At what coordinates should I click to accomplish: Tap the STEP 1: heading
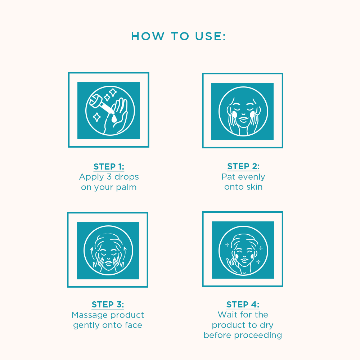pos(109,167)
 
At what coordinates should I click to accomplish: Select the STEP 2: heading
pos(243,166)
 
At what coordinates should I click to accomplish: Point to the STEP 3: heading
pos(108,305)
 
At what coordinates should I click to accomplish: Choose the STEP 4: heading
pos(243,305)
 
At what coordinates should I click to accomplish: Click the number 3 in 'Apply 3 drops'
pos(109,177)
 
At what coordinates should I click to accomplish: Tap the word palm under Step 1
pos(126,187)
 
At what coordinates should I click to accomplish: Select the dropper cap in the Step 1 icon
pos(94,102)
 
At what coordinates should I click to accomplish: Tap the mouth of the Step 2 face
pos(243,119)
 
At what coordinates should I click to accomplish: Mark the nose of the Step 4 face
pos(244,255)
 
